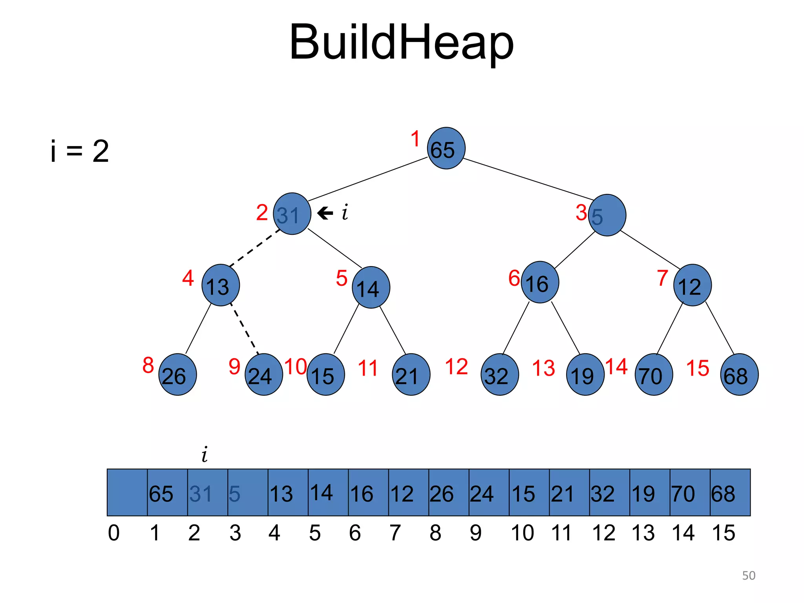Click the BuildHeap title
click(x=401, y=42)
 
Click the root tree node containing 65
click(x=446, y=148)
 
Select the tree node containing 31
click(x=292, y=214)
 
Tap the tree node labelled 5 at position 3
click(x=607, y=215)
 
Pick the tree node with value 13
click(x=220, y=285)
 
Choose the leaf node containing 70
click(x=654, y=375)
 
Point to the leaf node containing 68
click(x=739, y=375)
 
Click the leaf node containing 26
click(x=177, y=375)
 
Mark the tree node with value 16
click(x=540, y=282)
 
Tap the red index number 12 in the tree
click(x=456, y=367)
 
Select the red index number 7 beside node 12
click(x=663, y=278)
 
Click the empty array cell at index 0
click(x=127, y=492)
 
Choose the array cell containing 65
click(x=167, y=492)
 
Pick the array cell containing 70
click(x=690, y=492)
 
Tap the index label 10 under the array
click(x=523, y=533)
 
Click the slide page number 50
click(x=748, y=576)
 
